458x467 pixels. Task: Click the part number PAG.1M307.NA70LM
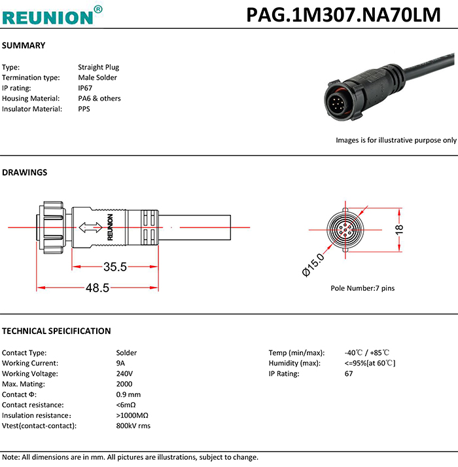point(343,14)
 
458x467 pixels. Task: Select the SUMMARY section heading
point(24,46)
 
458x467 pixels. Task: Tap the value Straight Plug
point(98,67)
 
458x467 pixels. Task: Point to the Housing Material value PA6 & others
point(99,98)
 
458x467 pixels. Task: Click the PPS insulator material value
point(84,109)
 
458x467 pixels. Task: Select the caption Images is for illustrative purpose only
point(396,140)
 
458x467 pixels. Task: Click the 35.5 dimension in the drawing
point(115,267)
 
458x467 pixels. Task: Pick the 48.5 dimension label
point(97,288)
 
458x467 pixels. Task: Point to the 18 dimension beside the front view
point(400,229)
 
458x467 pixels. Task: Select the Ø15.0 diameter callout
point(313,265)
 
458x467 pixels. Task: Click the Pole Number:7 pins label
point(362,288)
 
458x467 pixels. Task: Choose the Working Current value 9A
point(120,363)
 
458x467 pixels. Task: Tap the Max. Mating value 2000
point(124,384)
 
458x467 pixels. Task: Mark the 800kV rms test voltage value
point(133,426)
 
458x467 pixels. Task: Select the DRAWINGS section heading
point(25,173)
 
